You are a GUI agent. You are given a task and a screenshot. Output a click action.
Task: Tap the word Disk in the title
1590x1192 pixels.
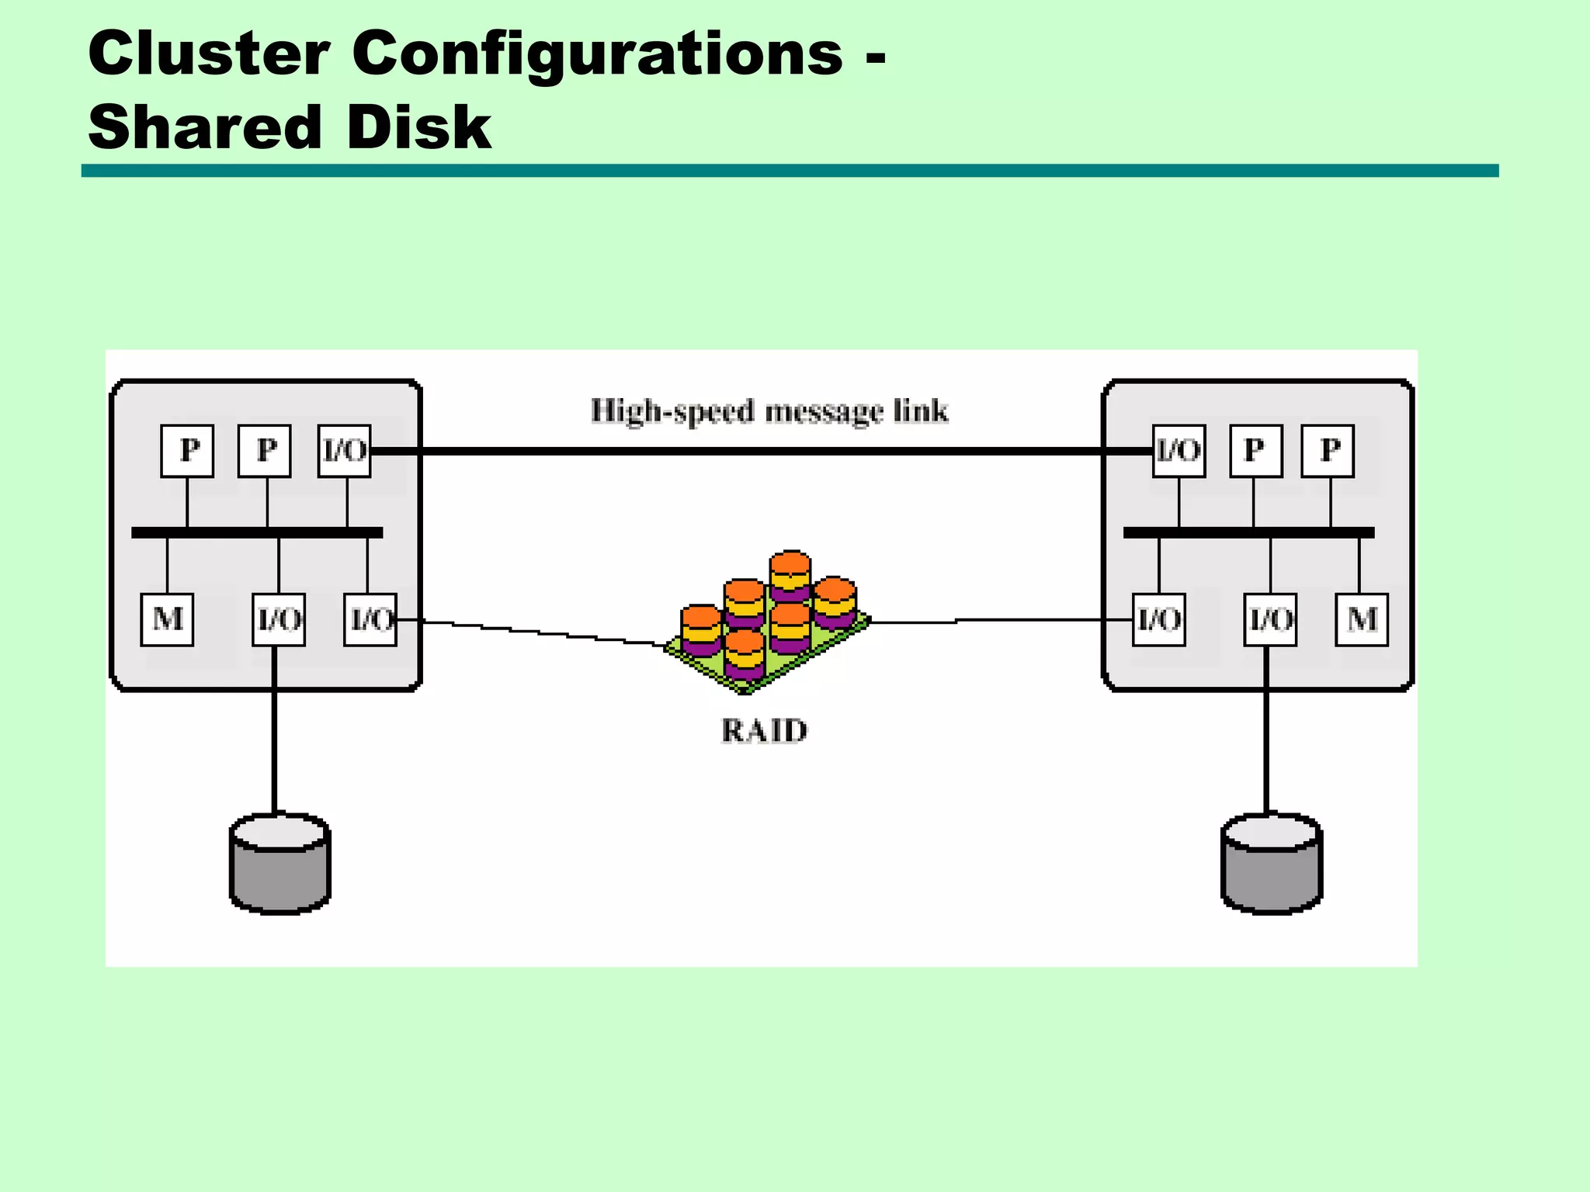[x=419, y=128]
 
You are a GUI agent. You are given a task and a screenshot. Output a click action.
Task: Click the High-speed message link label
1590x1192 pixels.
[x=769, y=411]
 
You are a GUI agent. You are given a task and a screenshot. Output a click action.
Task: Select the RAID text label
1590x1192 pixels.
[x=764, y=731]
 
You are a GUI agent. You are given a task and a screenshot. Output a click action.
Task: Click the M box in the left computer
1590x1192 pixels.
[x=167, y=619]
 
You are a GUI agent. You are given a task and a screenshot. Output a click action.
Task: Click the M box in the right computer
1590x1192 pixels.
[x=1362, y=619]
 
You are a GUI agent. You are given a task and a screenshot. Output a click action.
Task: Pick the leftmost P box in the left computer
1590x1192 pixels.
[x=187, y=451]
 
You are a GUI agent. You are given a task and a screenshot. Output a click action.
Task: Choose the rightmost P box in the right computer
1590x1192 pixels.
[x=1328, y=451]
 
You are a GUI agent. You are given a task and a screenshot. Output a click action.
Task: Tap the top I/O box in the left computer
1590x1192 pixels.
[x=345, y=451]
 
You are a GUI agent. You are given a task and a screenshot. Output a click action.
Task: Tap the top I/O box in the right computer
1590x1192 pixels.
[x=1179, y=451]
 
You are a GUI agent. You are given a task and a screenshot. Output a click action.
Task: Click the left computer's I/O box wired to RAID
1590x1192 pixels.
[x=370, y=619]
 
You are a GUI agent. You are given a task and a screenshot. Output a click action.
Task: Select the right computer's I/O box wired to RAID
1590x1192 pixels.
[x=1158, y=619]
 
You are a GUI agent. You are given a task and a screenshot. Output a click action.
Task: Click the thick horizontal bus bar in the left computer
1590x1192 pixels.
[x=257, y=532]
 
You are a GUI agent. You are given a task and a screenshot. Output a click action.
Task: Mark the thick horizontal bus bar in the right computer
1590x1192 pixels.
[x=1248, y=532]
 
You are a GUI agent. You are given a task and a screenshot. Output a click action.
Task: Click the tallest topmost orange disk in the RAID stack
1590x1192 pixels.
[x=790, y=565]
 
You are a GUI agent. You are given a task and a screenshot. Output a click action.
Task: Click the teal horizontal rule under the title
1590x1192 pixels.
[x=790, y=171]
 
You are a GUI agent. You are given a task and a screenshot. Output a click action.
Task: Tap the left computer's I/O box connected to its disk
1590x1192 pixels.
[x=279, y=619]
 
